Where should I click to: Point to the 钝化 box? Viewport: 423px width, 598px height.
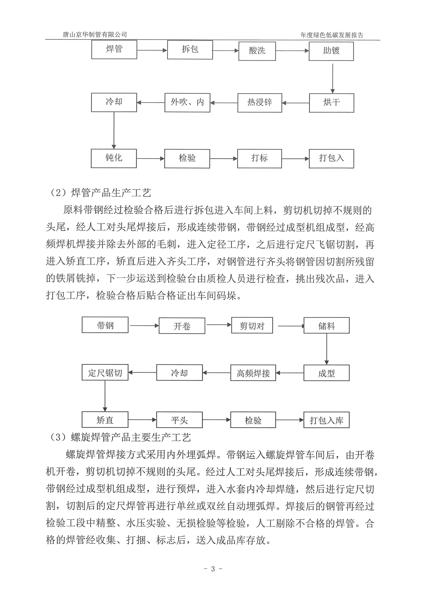point(114,158)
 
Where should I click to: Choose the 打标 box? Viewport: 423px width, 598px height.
point(259,158)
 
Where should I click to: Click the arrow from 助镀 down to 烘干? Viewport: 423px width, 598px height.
point(332,78)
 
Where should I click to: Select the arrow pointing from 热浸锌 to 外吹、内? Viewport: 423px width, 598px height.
point(224,103)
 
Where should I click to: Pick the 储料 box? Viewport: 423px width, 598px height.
point(326,326)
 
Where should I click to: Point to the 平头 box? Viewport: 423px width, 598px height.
point(179,420)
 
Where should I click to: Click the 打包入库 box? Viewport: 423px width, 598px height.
point(326,420)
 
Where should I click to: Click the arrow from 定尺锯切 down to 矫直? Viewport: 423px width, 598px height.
point(105,396)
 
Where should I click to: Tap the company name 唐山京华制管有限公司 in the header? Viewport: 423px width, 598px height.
point(95,34)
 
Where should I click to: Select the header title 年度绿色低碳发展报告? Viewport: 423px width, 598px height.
point(332,35)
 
